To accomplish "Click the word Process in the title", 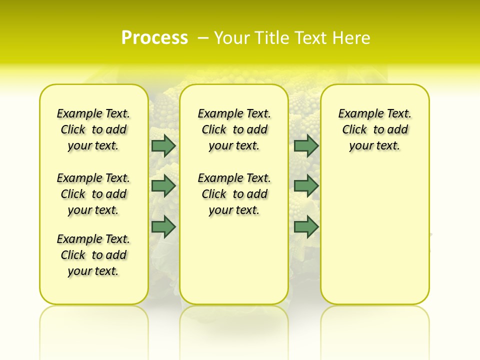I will pos(154,37).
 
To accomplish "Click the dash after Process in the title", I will pos(203,38).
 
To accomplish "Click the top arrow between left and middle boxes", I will pos(163,146).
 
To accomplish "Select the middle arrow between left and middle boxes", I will pos(163,186).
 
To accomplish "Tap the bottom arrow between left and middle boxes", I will pos(163,226).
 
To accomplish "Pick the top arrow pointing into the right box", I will pos(306,146).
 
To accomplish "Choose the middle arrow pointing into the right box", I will pos(306,186).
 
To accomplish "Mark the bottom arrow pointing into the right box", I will pos(306,226).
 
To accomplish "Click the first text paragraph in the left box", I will pos(93,129).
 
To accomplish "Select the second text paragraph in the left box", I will pos(93,194).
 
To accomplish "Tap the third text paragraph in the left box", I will pos(93,255).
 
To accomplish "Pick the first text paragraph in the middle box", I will pos(234,129).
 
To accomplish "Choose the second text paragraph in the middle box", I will pos(234,194).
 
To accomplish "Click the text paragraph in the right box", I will pos(374,129).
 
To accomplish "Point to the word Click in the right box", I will pos(354,130).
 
